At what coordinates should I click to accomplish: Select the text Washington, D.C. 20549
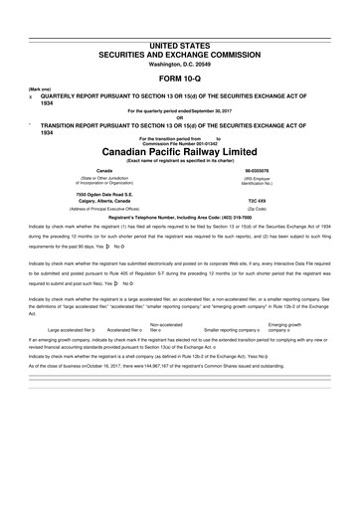pyautogui.click(x=179, y=37)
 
